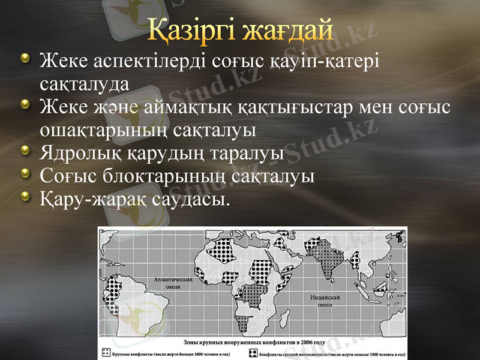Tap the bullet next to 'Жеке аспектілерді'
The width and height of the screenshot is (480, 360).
pos(25,58)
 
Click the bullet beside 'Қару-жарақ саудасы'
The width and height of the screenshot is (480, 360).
pos(25,195)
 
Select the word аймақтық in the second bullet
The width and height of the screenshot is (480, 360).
pos(188,107)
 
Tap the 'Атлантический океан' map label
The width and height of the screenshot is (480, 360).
pos(173,283)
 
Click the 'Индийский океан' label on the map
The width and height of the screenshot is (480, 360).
pos(325,301)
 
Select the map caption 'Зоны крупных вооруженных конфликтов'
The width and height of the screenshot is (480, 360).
pos(252,343)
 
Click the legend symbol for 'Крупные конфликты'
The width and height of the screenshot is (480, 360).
pos(106,352)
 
